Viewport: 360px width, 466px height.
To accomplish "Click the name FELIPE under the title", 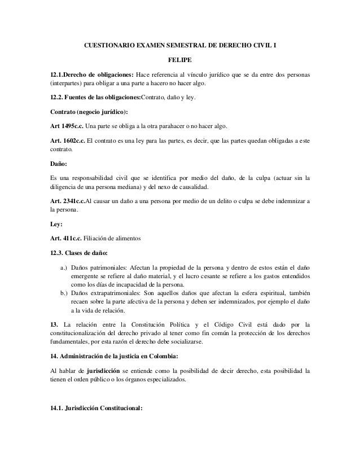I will click(x=180, y=58).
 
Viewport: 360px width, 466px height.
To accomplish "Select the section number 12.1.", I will click(x=56, y=74).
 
